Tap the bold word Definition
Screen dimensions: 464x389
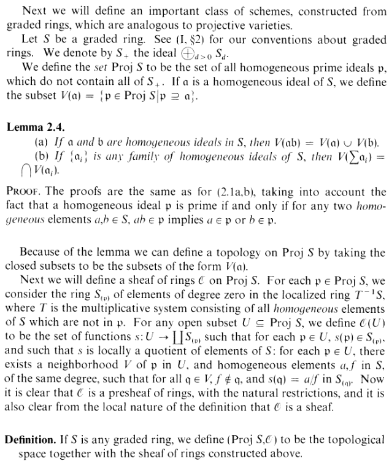pos(31,439)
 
